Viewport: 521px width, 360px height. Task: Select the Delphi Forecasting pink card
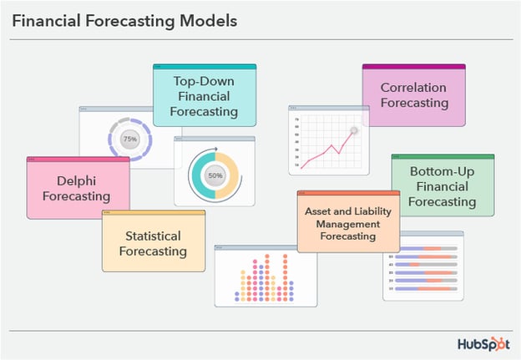(x=78, y=188)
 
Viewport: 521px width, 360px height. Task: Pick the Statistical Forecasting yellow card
(x=153, y=242)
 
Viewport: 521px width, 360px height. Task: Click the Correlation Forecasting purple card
(x=413, y=96)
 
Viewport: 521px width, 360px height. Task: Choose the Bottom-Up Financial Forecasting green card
(x=443, y=185)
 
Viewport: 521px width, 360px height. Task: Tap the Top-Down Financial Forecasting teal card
(x=204, y=96)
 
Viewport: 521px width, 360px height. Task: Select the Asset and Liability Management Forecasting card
(x=347, y=222)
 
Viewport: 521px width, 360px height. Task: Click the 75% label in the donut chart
(x=129, y=139)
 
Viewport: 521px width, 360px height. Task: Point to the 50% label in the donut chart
(x=215, y=176)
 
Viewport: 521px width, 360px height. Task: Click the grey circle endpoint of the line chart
(x=354, y=130)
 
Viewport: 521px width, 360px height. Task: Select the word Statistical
(x=153, y=236)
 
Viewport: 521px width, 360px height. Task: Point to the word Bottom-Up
(x=443, y=171)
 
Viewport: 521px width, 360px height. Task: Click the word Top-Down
(x=204, y=81)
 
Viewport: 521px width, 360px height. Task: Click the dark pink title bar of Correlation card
(x=413, y=66)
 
